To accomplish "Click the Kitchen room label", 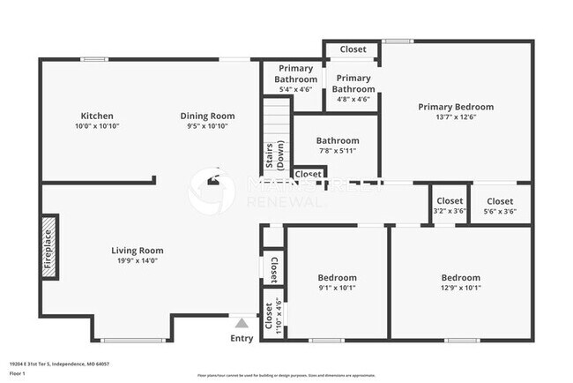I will tap(97, 116).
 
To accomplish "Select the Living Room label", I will tap(137, 251).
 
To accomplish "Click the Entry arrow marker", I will tap(241, 322).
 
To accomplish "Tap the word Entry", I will tap(241, 338).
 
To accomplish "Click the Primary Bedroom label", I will tap(455, 107).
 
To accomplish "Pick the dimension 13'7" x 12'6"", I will tap(455, 118).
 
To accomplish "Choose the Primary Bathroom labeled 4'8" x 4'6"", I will tap(352, 83).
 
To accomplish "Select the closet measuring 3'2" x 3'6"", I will tap(450, 206).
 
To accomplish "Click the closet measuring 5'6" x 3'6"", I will tap(500, 206).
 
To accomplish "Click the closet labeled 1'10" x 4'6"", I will tap(272, 314).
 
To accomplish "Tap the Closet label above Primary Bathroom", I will tap(353, 49).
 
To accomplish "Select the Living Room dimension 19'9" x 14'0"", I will tap(137, 260).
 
